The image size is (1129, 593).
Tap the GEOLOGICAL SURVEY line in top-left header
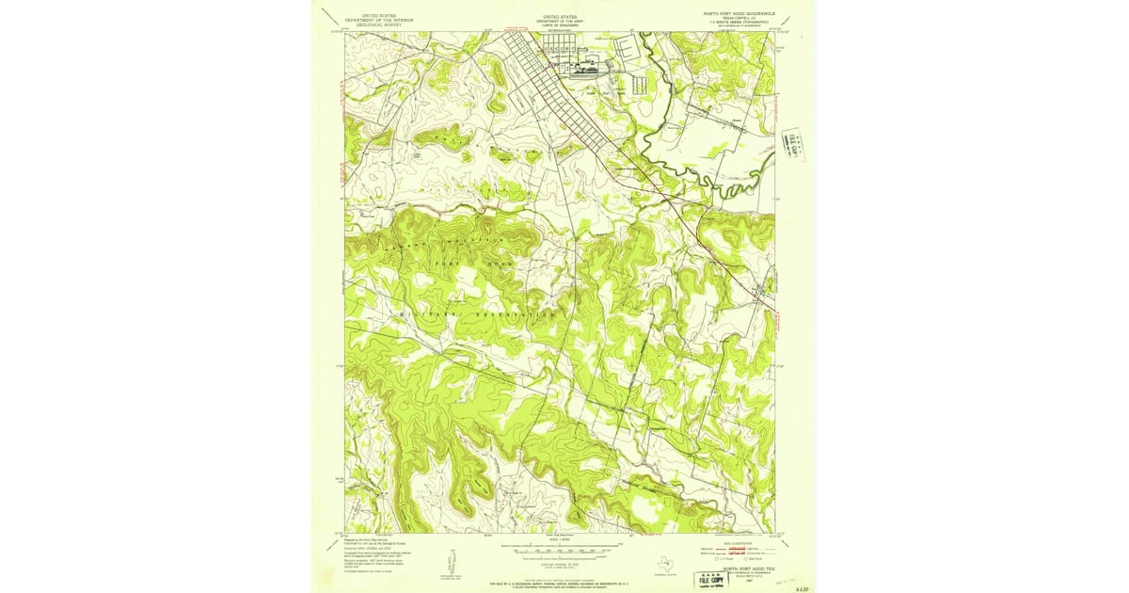point(379,23)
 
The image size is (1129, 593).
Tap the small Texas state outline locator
point(667,565)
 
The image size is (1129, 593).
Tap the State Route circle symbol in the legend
point(745,559)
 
